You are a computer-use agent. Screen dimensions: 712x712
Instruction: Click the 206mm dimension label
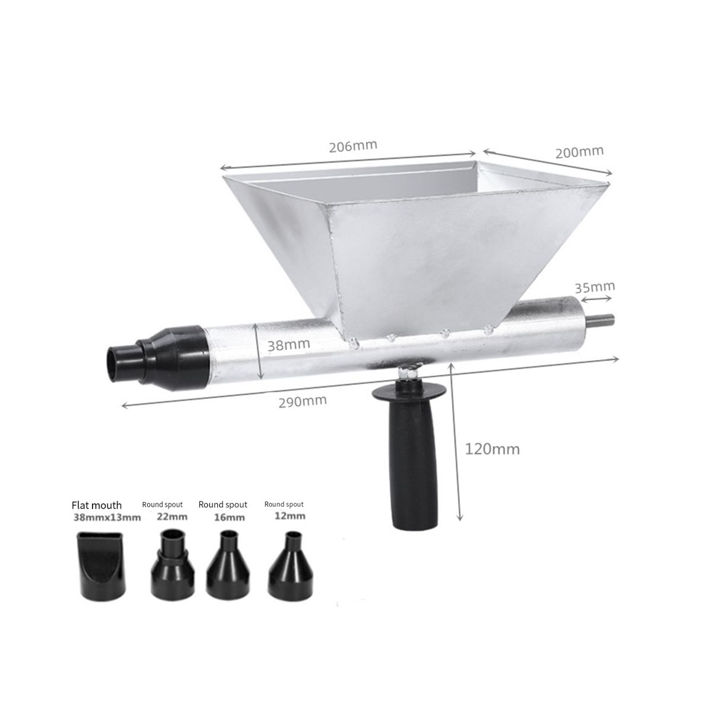(353, 146)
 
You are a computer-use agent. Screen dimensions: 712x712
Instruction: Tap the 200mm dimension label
(579, 152)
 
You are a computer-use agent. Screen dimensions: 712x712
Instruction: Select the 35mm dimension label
(595, 287)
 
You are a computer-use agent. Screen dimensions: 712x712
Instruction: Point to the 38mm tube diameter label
(288, 345)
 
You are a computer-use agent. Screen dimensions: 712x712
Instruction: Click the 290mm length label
(303, 401)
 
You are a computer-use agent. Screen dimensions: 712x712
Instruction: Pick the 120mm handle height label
(492, 449)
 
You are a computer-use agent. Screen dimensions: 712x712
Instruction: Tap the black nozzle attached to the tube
(160, 358)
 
